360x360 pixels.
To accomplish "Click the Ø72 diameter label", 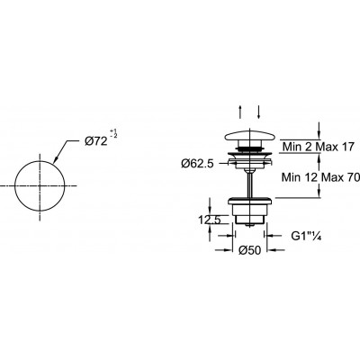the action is [95, 141].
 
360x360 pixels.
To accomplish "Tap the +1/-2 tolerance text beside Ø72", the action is [113, 133].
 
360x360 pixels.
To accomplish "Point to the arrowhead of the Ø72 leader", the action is [56, 161].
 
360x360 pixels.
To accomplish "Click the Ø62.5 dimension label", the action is [197, 164].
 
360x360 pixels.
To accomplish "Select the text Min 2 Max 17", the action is [319, 147].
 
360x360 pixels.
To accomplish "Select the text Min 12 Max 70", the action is [320, 177].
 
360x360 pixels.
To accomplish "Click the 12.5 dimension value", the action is [210, 220].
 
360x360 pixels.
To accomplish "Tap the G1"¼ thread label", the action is [306, 236].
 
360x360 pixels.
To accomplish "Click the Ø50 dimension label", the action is [250, 250].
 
